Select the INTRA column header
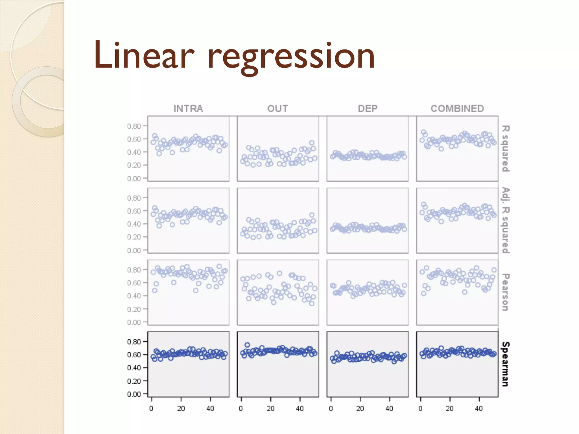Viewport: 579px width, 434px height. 188,108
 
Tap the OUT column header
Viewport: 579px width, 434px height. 278,108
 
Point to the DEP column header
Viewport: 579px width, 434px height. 368,108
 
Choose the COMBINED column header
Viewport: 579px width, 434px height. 457,108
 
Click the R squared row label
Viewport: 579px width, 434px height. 505,149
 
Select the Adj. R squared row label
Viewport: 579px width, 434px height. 505,220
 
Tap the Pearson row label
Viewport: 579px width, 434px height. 505,292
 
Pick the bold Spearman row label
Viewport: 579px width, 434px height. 505,364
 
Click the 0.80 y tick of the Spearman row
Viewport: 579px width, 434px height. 134,342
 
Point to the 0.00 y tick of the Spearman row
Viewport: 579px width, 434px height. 134,394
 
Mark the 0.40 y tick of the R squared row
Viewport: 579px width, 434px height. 134,152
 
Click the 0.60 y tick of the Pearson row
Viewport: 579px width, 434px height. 134,283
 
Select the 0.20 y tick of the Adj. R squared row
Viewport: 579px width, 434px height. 134,237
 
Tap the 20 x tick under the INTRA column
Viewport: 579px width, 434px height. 181,409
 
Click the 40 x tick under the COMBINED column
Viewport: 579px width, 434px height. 479,409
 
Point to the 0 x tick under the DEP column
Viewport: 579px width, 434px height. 331,409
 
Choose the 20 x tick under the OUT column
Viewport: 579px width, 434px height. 271,409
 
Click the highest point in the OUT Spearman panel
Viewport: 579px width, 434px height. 247,345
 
